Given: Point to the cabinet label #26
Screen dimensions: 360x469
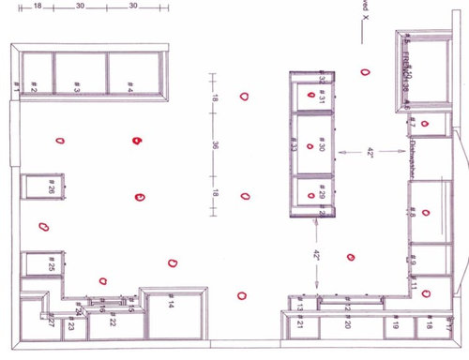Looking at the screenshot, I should [x=52, y=188].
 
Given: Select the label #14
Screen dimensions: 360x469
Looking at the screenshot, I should [x=171, y=304].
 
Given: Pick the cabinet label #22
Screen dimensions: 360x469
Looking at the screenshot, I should [x=112, y=322].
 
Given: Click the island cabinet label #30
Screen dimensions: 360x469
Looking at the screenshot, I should [x=321, y=146].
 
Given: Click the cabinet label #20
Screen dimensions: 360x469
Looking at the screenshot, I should [x=347, y=324].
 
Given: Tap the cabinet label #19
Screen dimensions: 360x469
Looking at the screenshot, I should [x=397, y=325].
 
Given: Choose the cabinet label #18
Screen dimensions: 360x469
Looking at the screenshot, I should [x=430, y=325].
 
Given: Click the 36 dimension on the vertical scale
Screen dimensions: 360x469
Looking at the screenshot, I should [x=215, y=145].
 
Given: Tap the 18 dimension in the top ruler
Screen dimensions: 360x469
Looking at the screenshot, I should [x=38, y=6].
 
